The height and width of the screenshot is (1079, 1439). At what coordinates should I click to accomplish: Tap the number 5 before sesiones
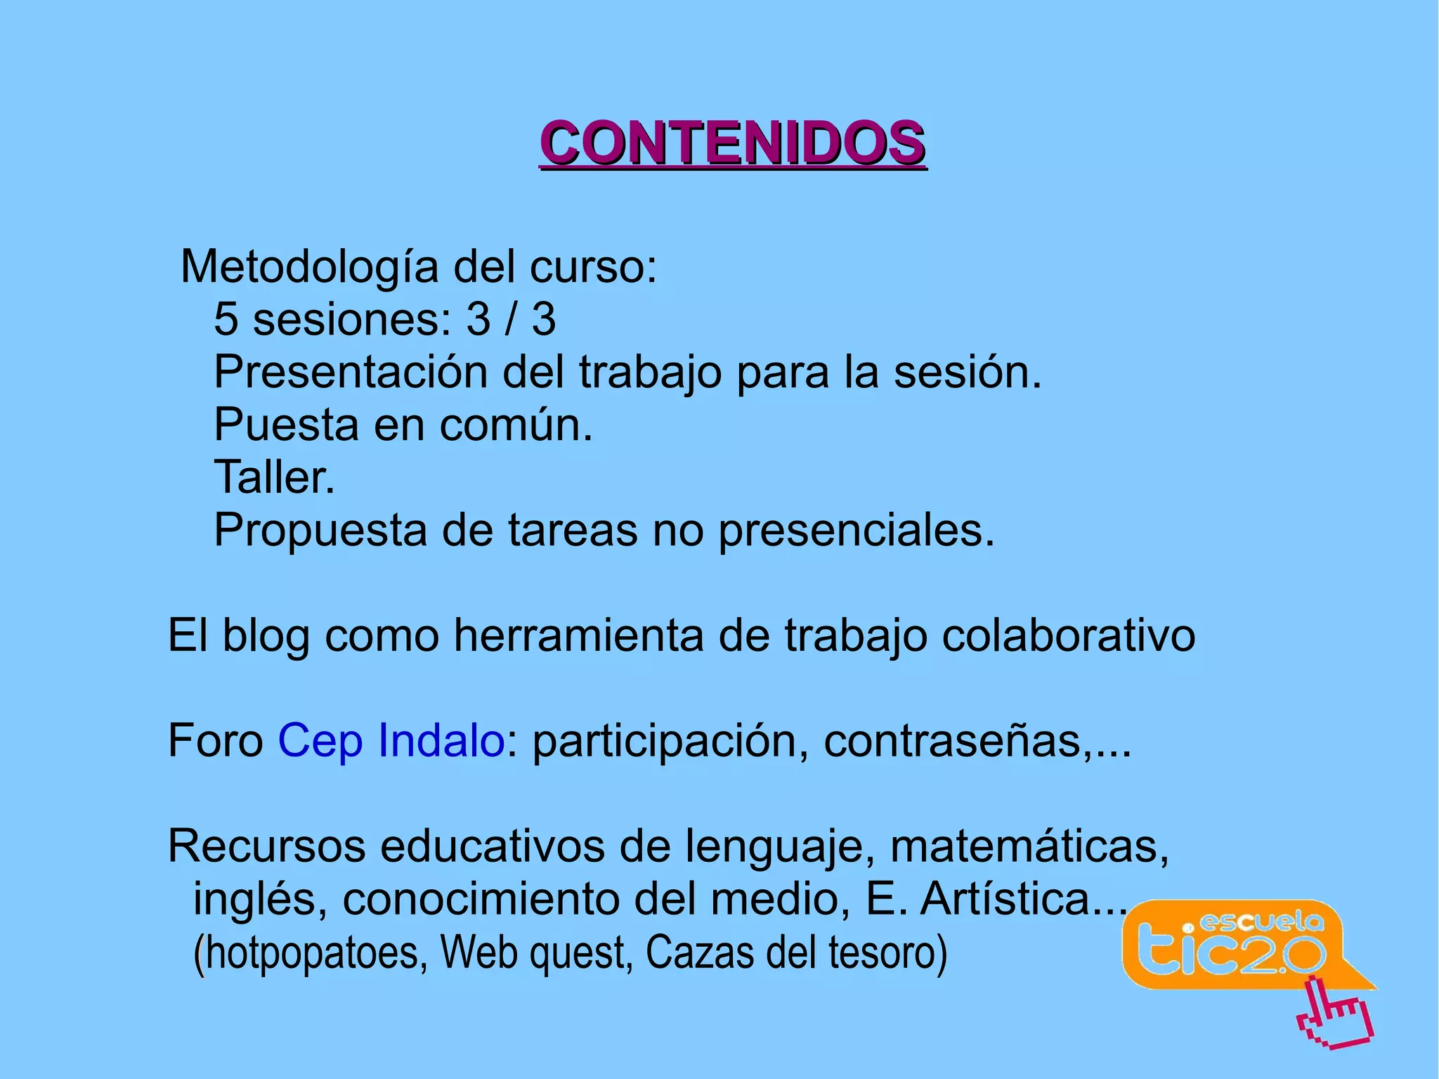(226, 319)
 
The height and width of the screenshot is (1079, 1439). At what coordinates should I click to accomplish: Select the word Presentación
(351, 372)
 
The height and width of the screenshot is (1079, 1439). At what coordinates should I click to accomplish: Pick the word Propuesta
(320, 531)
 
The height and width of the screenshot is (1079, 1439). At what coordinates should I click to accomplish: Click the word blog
(266, 636)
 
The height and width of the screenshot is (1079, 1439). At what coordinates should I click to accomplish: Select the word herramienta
(578, 636)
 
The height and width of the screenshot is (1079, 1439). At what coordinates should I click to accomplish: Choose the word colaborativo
(1068, 636)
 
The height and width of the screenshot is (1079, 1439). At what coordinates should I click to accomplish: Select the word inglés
(260, 899)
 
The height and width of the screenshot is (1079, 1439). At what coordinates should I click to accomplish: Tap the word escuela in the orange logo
(1261, 922)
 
